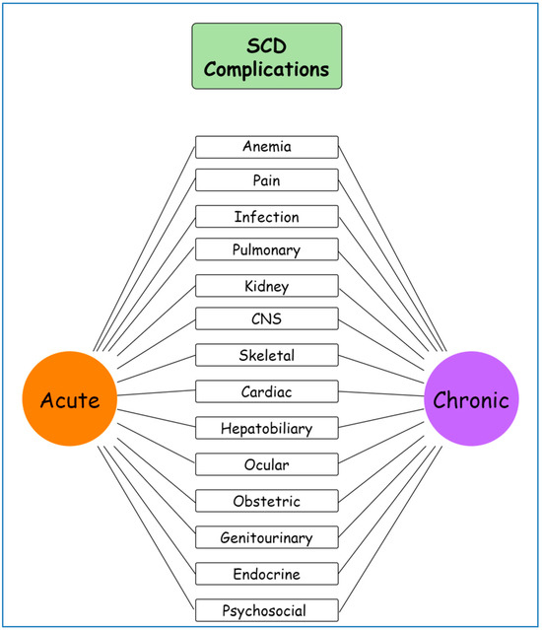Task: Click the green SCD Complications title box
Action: [x=267, y=56]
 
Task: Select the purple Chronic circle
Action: [x=471, y=400]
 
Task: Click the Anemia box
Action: [x=267, y=147]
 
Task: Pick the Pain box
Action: [x=267, y=180]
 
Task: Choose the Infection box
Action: [x=267, y=216]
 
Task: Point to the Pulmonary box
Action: [x=267, y=249]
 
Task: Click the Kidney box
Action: [x=267, y=286]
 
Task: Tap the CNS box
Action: [x=267, y=318]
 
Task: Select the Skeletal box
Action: [x=267, y=355]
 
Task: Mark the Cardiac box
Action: [x=267, y=391]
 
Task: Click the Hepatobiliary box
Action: [x=267, y=428]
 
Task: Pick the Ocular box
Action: [x=267, y=463]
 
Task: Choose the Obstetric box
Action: [x=267, y=500]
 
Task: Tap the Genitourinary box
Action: [x=267, y=537]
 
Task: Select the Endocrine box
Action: [x=267, y=573]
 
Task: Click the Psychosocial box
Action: [x=267, y=609]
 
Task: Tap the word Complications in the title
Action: [x=267, y=71]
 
